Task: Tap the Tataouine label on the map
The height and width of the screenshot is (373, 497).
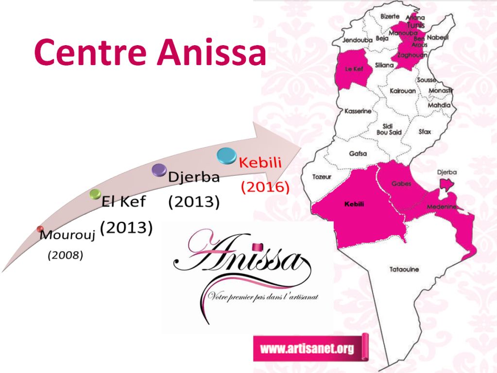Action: (404, 270)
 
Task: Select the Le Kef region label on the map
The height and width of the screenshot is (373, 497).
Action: (354, 69)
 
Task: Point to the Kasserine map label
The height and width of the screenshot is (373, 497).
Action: (358, 111)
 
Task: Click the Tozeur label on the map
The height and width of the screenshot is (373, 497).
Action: (321, 177)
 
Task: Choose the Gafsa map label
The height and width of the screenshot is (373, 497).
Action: (358, 154)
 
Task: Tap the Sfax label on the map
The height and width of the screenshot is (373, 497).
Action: (425, 131)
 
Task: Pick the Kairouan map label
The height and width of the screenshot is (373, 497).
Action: (402, 91)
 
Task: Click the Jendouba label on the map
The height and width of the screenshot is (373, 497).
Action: (357, 40)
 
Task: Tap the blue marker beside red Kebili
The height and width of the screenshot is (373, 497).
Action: (226, 155)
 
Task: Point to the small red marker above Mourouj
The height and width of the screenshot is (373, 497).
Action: (40, 229)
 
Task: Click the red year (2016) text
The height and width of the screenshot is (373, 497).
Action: (265, 187)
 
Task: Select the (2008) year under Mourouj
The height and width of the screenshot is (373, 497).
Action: (65, 255)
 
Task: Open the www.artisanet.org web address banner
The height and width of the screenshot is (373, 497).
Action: (307, 348)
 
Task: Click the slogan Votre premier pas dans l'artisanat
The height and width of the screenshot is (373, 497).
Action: (262, 296)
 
